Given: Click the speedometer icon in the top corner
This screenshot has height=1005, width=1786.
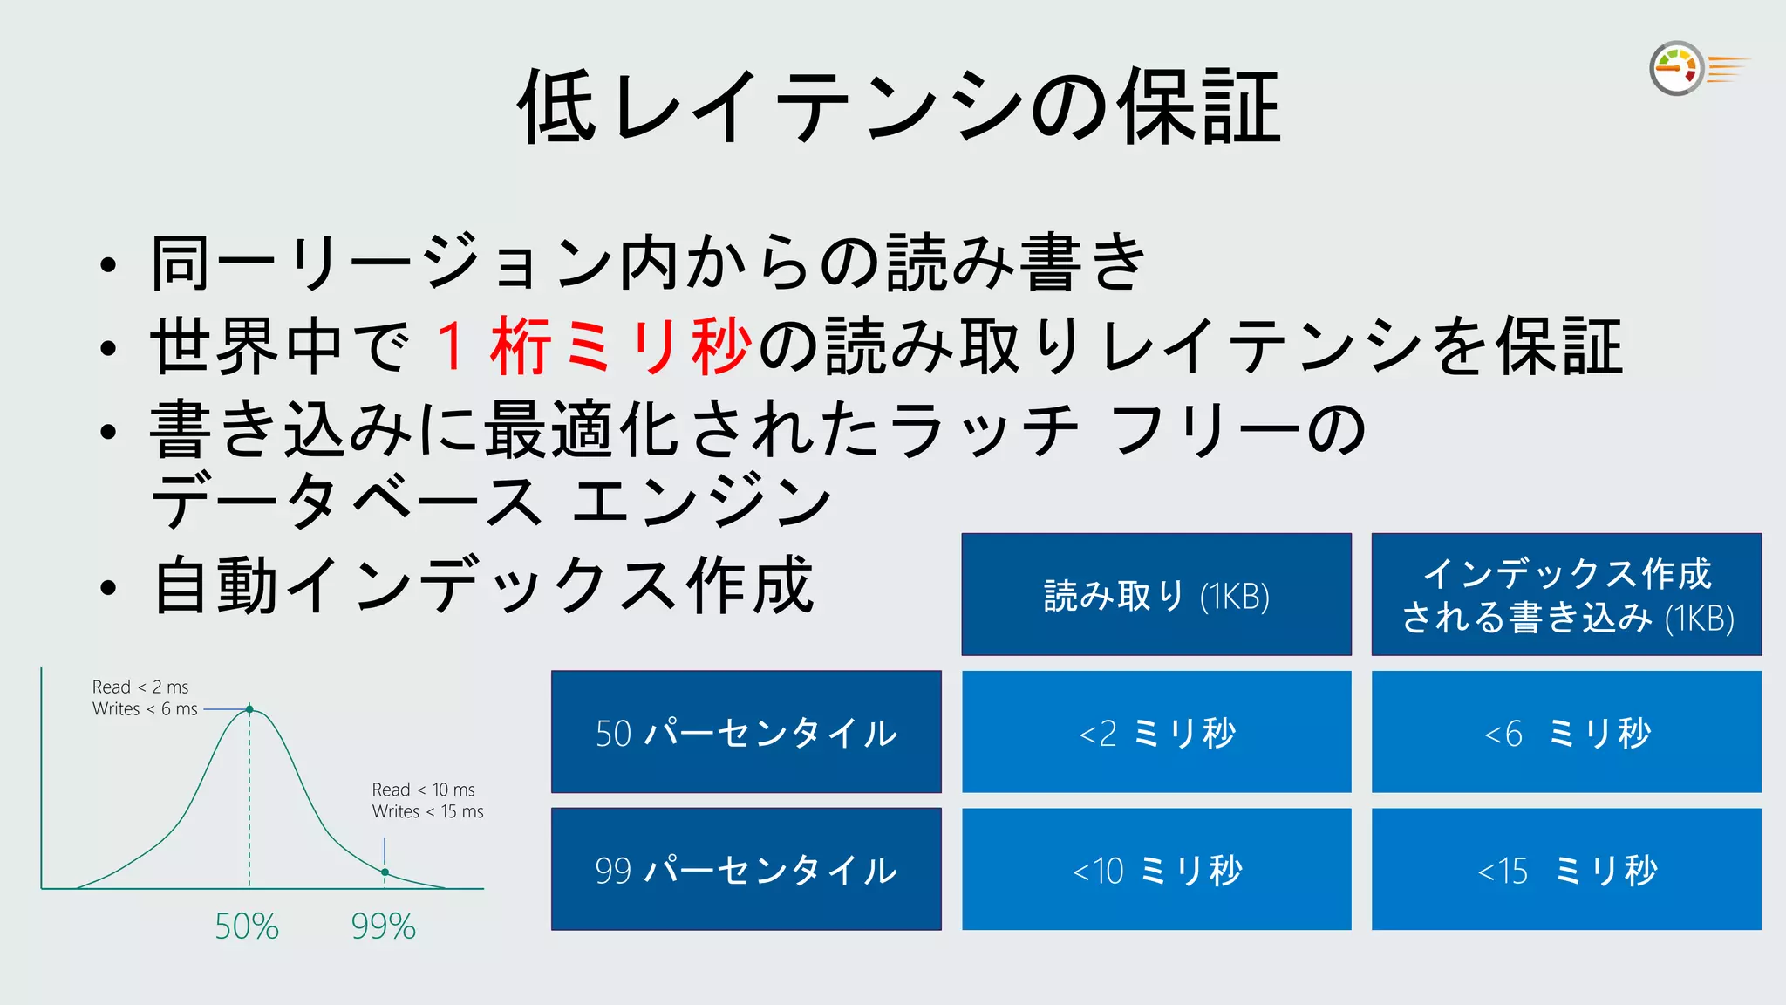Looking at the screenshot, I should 1677,68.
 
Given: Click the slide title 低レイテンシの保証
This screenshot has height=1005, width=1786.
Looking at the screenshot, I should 898,107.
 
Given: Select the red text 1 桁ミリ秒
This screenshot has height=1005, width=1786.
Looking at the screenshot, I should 593,346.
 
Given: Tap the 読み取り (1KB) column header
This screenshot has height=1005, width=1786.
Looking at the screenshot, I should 1156,595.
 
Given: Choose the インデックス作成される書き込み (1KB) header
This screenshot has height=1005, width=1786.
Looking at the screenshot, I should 1566,595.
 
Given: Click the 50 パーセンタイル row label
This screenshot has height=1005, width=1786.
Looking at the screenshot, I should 746,732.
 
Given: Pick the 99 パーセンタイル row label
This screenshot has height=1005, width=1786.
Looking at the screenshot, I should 746,869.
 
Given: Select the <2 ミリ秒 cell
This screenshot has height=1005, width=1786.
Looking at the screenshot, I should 1156,732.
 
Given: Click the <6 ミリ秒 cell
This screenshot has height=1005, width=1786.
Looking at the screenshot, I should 1566,732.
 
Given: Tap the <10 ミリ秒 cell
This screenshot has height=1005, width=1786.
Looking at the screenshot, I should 1156,869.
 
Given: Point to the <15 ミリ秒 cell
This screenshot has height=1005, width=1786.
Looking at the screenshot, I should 1566,869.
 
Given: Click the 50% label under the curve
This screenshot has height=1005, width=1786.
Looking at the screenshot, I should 247,926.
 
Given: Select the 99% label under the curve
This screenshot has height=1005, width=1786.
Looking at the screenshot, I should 384,926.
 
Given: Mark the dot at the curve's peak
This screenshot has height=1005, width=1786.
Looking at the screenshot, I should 249,710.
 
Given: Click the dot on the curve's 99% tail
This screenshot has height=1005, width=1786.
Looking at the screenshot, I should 385,872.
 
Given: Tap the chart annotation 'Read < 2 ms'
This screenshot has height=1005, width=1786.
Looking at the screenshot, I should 140,687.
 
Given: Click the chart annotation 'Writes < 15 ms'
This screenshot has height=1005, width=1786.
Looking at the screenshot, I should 427,811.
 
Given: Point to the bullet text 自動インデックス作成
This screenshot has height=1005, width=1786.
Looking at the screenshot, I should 483,585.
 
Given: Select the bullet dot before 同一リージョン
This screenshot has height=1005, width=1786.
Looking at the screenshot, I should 107,265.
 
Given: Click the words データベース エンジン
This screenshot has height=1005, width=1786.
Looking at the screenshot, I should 491,502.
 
